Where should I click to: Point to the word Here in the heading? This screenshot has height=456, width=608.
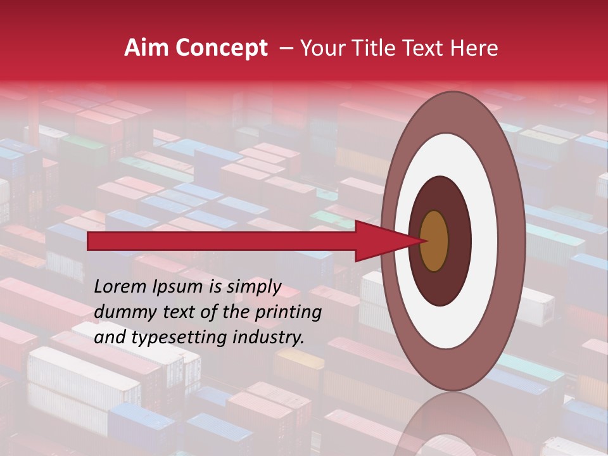click(474, 48)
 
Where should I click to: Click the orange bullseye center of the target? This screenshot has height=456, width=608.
click(434, 241)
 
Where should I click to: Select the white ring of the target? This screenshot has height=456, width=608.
click(484, 241)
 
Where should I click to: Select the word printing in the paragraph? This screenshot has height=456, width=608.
click(288, 313)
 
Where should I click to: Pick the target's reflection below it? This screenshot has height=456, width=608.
click(453, 427)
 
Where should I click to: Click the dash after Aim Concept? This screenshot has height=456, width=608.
click(286, 48)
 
